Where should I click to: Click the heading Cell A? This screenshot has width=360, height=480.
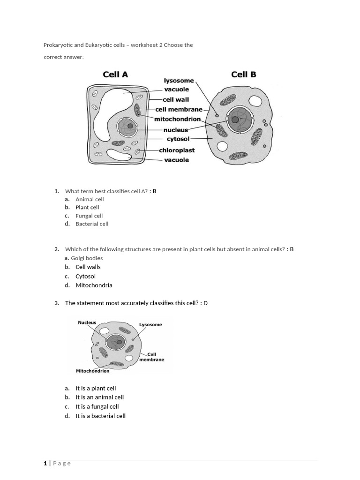(115, 74)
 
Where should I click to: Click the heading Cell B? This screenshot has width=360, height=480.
(244, 74)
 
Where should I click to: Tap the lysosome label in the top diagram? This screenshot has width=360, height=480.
(179, 81)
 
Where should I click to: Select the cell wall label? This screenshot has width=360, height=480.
(176, 99)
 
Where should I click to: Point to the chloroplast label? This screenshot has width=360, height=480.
(177, 150)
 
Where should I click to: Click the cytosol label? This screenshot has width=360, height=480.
(178, 139)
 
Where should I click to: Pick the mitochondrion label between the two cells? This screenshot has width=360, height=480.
(177, 119)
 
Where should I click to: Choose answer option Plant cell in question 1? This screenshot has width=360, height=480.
(87, 207)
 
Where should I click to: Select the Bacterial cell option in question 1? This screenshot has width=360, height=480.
(92, 224)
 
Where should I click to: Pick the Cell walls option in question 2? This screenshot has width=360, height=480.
(88, 267)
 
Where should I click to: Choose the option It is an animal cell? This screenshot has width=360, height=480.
(99, 397)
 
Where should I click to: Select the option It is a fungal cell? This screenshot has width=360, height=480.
(97, 406)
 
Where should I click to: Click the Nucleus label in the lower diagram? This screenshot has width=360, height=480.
(87, 322)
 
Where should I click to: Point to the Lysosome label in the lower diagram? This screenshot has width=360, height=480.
(150, 324)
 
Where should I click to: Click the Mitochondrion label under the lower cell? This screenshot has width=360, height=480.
(92, 371)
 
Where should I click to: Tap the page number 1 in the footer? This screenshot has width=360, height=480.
(45, 463)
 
